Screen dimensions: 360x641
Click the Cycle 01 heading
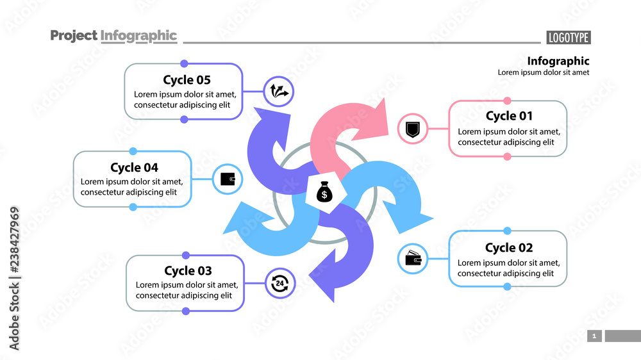pyautogui.click(x=509, y=116)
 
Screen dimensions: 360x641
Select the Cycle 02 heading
pyautogui.click(x=509, y=248)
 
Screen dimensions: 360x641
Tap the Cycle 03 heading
pyautogui.click(x=188, y=271)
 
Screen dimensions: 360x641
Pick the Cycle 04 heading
pyautogui.click(x=134, y=168)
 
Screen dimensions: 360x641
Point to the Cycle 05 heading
pyautogui.click(x=187, y=80)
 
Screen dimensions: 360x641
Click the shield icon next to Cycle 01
pyautogui.click(x=413, y=129)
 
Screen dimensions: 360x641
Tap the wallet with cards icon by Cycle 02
pyautogui.click(x=413, y=259)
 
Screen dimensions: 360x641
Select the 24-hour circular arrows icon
pyautogui.click(x=280, y=283)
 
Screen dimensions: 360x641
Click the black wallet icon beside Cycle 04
pyautogui.click(x=228, y=179)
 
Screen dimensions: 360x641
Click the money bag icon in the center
pyautogui.click(x=324, y=192)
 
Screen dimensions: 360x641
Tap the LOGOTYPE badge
pyautogui.click(x=568, y=38)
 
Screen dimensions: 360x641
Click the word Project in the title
pyautogui.click(x=74, y=36)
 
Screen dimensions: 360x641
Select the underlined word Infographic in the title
pyautogui.click(x=138, y=36)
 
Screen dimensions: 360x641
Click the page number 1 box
pyautogui.click(x=594, y=336)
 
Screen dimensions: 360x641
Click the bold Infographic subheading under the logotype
pyautogui.click(x=558, y=61)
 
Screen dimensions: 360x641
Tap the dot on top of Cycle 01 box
pyautogui.click(x=507, y=101)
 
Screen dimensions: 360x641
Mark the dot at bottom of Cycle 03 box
pyautogui.click(x=185, y=311)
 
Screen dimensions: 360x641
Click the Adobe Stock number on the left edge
pyautogui.click(x=14, y=279)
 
